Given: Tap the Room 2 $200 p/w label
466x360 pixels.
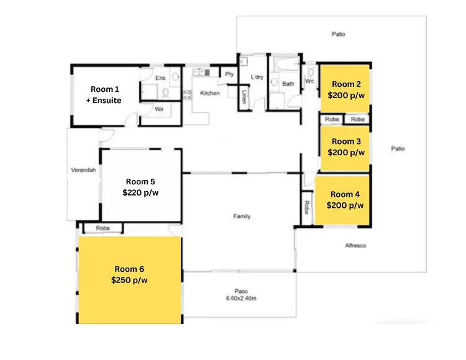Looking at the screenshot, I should pos(345,90).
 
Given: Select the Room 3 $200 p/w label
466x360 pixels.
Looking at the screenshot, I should pos(345,146).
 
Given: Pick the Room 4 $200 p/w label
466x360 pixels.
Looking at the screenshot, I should pos(345,200).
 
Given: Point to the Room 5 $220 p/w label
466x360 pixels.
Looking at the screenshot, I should pos(142,187).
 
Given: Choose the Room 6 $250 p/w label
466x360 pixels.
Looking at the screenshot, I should pos(130,274).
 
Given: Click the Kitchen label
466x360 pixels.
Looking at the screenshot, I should pos(209,93).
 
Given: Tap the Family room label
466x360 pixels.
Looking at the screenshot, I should pos(242,216).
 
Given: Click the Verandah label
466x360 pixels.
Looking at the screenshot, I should pos(83,171).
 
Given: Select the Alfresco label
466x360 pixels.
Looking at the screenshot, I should pos(355,246).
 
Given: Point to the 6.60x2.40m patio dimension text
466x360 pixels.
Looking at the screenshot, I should pos(242,298).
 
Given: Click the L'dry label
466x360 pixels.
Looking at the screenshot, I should pos(257,77).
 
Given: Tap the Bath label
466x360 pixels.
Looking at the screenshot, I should pos(288,84).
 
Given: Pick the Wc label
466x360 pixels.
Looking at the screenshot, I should pos(309,81).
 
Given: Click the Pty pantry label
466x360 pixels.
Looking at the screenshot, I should pos(229,74).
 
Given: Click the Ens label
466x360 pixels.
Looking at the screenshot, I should pos(160,78).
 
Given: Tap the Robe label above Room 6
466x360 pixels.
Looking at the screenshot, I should pos(103,228).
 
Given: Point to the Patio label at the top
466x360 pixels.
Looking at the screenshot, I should pos(338,34).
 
